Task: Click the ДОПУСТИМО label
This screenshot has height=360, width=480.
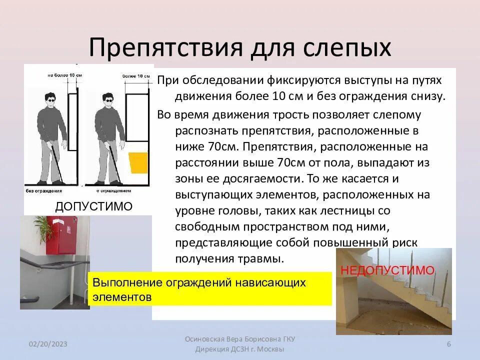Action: [x=93, y=206]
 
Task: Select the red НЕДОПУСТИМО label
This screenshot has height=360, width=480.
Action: [x=387, y=270]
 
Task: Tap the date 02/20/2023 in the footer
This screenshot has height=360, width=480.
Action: [x=48, y=344]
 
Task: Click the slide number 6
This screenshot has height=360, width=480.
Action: [x=448, y=344]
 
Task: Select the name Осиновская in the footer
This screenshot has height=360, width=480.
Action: [x=207, y=339]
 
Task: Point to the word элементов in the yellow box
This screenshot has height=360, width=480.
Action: [x=121, y=296]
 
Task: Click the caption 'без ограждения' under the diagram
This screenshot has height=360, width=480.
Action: [x=44, y=191]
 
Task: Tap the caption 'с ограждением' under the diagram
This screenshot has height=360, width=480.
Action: [x=115, y=191]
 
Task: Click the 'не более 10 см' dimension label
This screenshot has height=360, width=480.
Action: [x=64, y=75]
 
